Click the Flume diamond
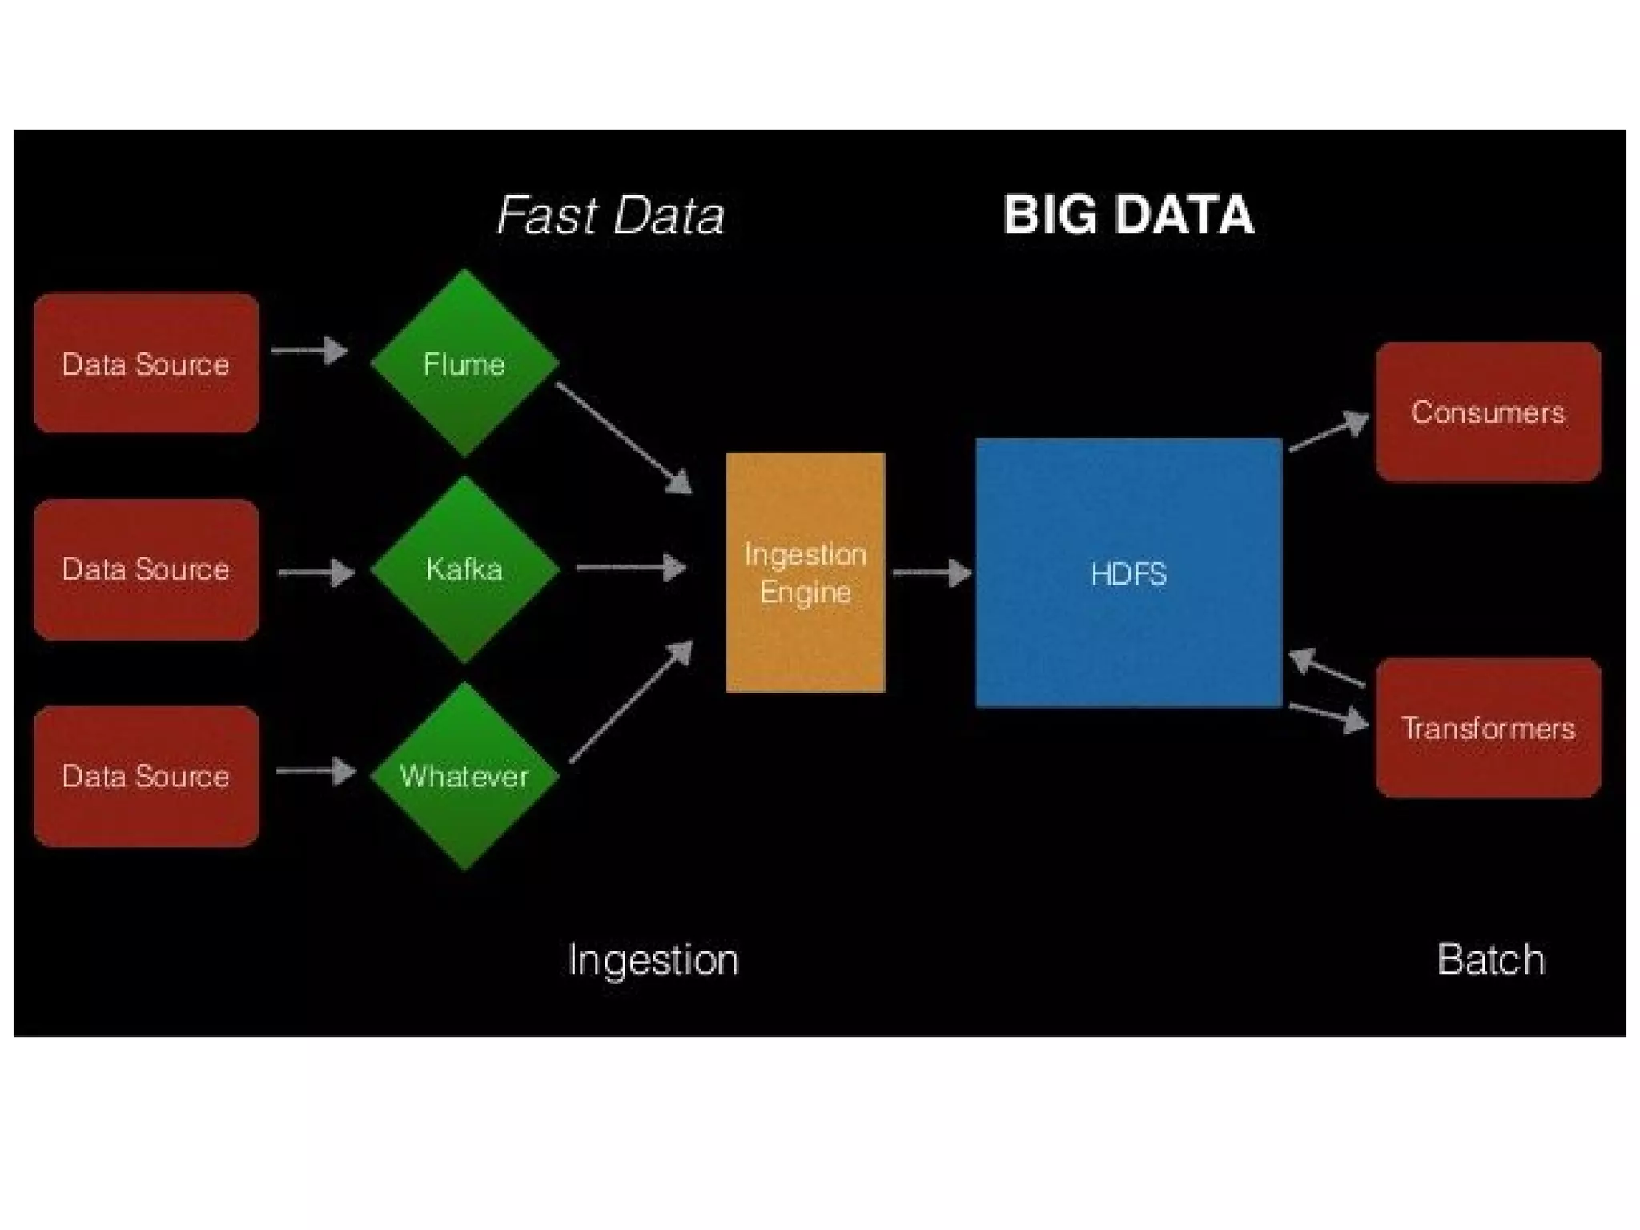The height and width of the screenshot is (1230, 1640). tap(464, 364)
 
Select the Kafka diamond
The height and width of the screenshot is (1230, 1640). tap(464, 569)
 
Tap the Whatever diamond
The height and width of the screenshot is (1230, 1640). tap(464, 776)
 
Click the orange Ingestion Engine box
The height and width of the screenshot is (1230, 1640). tap(805, 573)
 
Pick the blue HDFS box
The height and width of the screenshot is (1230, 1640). tap(1128, 573)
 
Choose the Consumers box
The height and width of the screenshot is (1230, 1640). tap(1488, 412)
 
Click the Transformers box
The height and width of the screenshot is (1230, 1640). tap(1488, 728)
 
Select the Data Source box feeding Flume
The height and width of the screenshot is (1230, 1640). tap(146, 364)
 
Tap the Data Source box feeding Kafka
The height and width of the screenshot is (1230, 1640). tap(146, 569)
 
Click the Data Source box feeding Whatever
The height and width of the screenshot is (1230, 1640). tap(146, 776)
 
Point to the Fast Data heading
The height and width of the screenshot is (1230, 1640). tap(610, 215)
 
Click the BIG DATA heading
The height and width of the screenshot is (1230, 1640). tap(1128, 215)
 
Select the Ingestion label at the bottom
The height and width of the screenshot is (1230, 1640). tap(653, 959)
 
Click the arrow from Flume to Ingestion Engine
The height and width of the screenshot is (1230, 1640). tap(623, 437)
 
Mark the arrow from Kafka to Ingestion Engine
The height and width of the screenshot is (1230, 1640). tap(631, 568)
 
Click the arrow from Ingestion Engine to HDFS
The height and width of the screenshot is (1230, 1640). tap(931, 573)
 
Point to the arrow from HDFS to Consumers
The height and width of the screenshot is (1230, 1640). tap(1328, 433)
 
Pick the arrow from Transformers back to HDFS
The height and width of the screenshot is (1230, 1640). tap(1326, 669)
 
